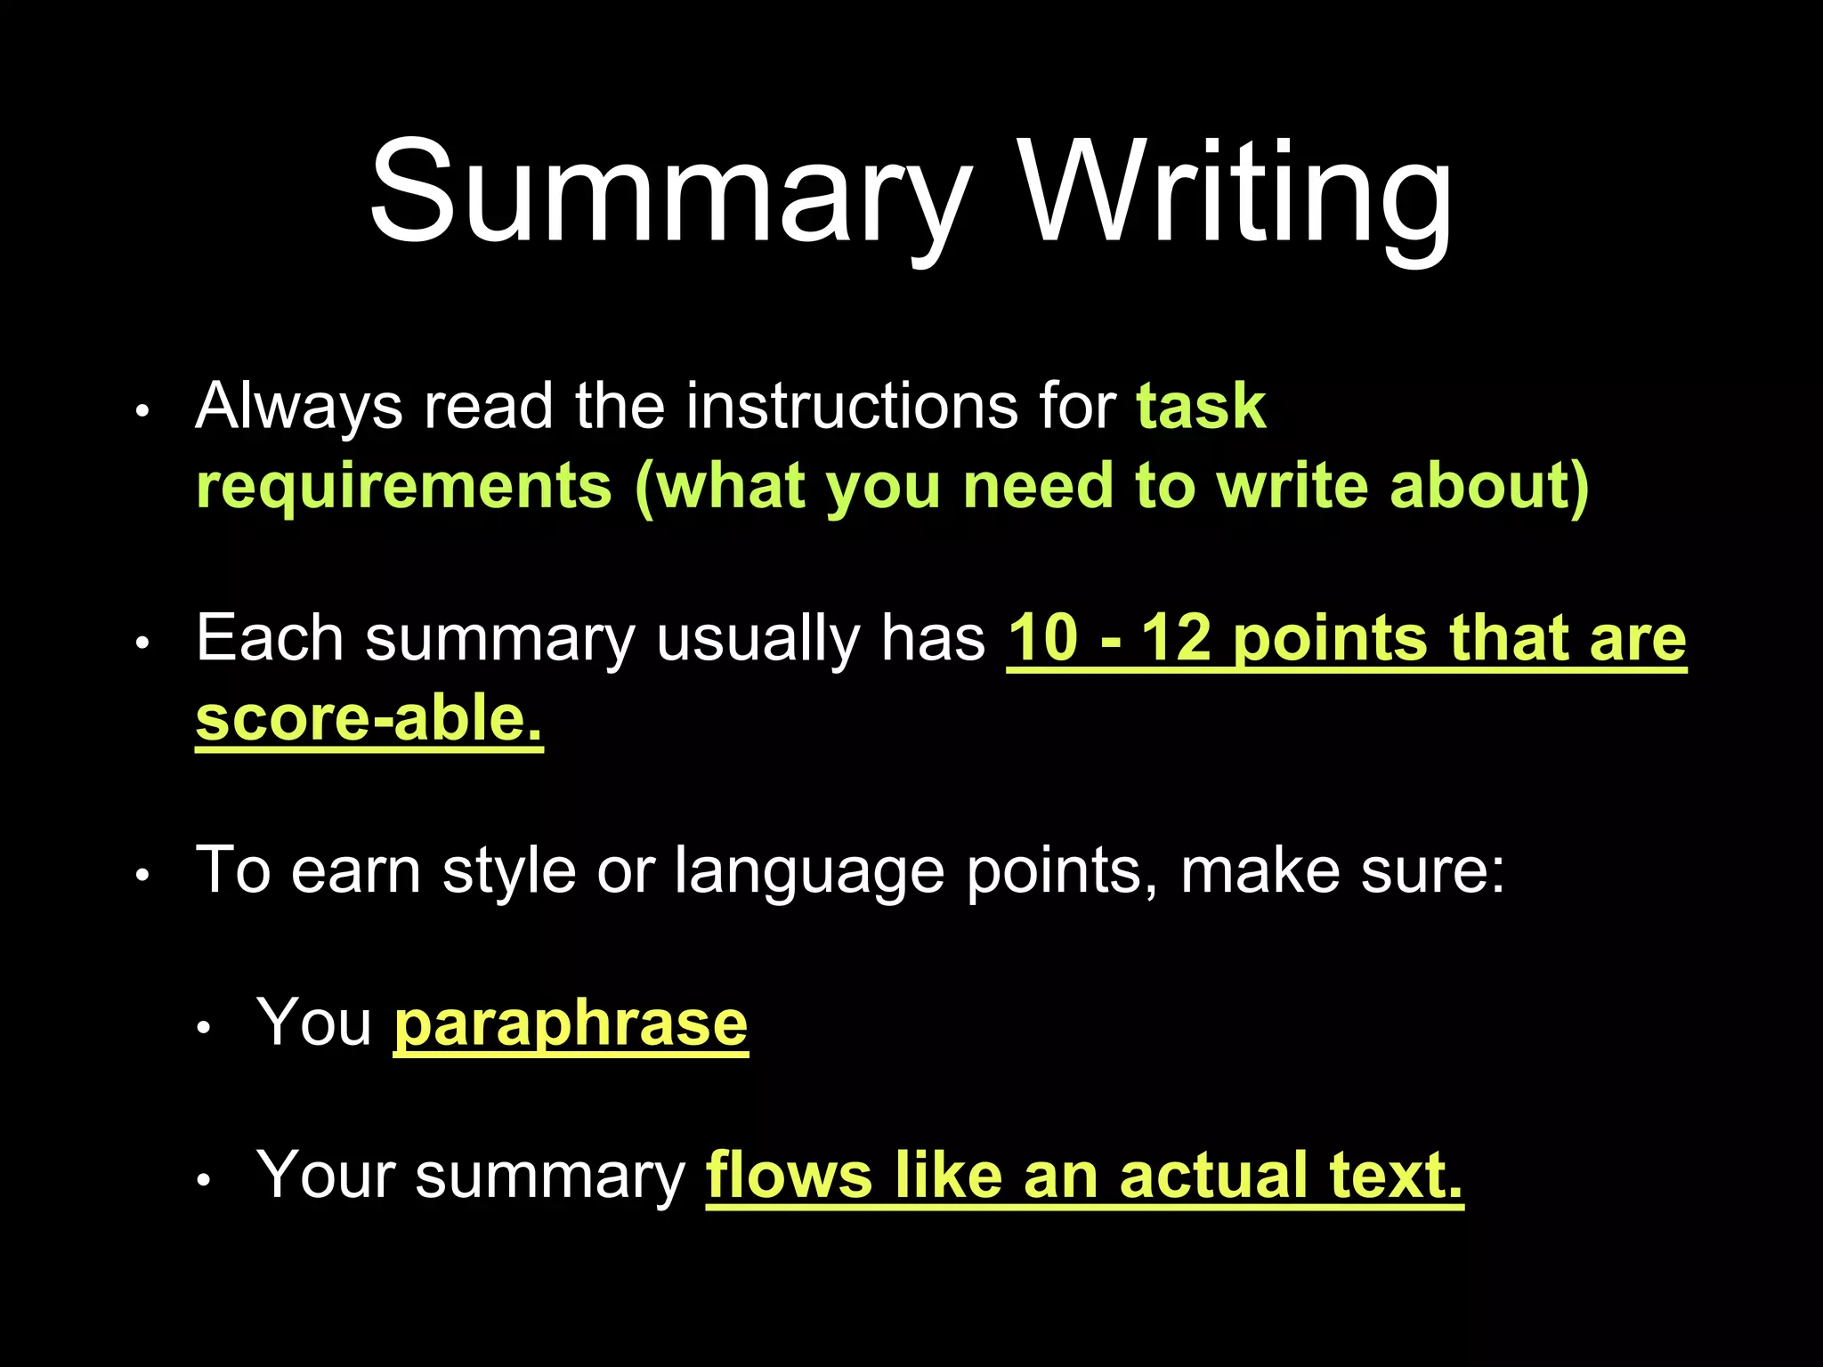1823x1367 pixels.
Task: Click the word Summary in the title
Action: (x=669, y=193)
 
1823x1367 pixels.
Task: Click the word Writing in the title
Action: (x=1237, y=193)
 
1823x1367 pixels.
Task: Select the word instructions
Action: (x=852, y=406)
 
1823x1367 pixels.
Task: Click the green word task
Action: (x=1201, y=407)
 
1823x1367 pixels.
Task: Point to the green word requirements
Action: (x=404, y=487)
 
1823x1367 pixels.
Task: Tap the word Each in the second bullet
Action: (x=270, y=638)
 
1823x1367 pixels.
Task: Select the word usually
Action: (x=757, y=639)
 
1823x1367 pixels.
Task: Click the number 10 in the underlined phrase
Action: (x=1042, y=638)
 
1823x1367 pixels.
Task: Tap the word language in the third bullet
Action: (x=808, y=870)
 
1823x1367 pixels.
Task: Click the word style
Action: (x=509, y=870)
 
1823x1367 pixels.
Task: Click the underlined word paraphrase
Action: (x=571, y=1024)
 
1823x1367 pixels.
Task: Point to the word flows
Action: (x=789, y=1176)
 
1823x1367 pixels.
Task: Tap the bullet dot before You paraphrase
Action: (x=204, y=1029)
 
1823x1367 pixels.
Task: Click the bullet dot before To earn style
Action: (x=142, y=876)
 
